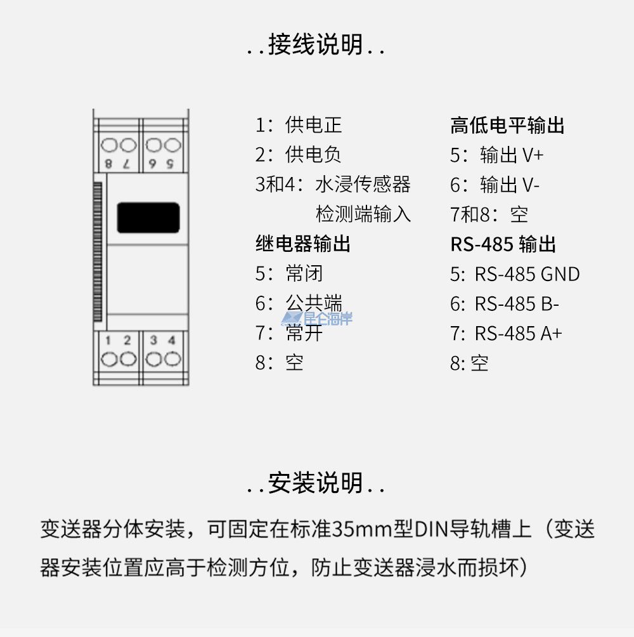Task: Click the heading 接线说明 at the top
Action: pyautogui.click(x=315, y=44)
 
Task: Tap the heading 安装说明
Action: pyautogui.click(x=315, y=483)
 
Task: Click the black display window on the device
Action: pyautogui.click(x=148, y=218)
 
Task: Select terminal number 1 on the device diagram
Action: pyautogui.click(x=108, y=341)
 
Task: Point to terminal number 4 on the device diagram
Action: pyautogui.click(x=172, y=341)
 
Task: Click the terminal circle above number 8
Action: pyautogui.click(x=109, y=145)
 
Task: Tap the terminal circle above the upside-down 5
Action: pyautogui.click(x=172, y=145)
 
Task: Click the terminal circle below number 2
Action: pyautogui.click(x=128, y=359)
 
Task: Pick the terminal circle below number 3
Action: pyautogui.click(x=153, y=359)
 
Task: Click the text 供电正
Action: pyautogui.click(x=313, y=125)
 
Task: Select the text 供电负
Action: pyautogui.click(x=313, y=155)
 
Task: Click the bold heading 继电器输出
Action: pyautogui.click(x=303, y=244)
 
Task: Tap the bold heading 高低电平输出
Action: pyautogui.click(x=507, y=125)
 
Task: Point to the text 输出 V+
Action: pyautogui.click(x=512, y=155)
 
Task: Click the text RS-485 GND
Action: pyautogui.click(x=527, y=274)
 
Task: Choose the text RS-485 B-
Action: pyautogui.click(x=517, y=303)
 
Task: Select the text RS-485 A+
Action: pyautogui.click(x=519, y=333)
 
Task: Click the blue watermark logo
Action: pyautogui.click(x=317, y=318)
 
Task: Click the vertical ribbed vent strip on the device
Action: pyautogui.click(x=98, y=252)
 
